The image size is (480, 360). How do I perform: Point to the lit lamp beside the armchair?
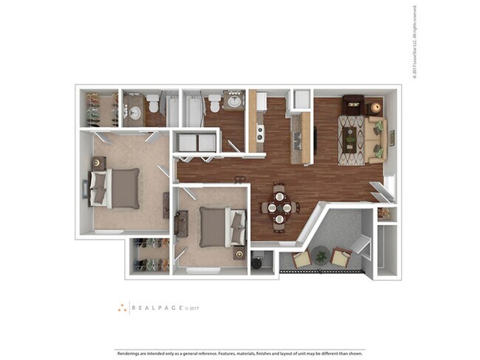click(x=375, y=107)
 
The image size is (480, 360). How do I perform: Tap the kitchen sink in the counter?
click(x=297, y=137)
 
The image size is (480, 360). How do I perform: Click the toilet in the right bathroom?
click(x=213, y=102)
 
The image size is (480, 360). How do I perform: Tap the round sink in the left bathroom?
click(x=134, y=113)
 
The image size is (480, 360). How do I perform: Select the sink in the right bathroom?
click(x=235, y=102)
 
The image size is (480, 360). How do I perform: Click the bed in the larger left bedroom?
click(x=114, y=187)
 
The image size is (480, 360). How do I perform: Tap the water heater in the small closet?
click(x=257, y=261)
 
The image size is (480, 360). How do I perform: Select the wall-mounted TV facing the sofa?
click(x=315, y=138)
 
